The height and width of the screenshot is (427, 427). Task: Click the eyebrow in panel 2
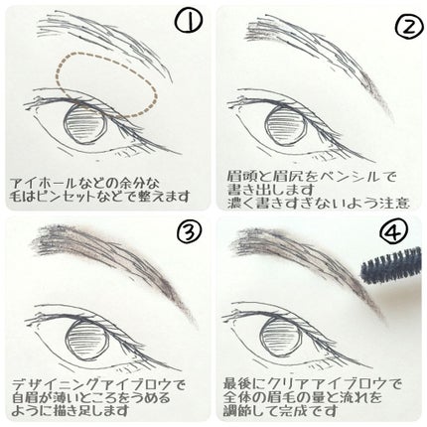318,55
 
